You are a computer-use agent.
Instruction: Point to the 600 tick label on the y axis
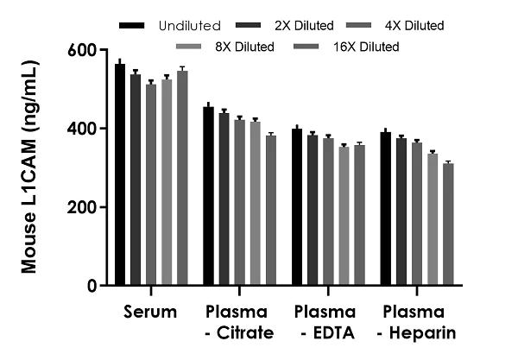[84, 50]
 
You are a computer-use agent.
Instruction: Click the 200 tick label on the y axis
[84, 207]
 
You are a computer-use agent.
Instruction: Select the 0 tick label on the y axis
[91, 286]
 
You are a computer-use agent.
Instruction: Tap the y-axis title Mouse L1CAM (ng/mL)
[31, 167]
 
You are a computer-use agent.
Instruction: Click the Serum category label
[151, 311]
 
